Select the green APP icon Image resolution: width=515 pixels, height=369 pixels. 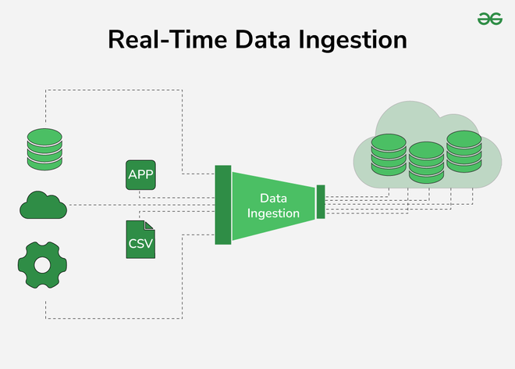(x=140, y=174)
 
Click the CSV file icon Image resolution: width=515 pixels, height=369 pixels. (x=140, y=240)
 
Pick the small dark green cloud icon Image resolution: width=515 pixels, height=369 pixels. (x=44, y=206)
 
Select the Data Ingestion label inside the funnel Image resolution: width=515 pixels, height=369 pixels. (x=273, y=206)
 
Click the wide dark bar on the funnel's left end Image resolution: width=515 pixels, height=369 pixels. (x=222, y=205)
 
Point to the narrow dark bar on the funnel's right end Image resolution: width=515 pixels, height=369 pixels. (x=320, y=202)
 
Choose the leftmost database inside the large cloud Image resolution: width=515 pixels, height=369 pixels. (x=389, y=157)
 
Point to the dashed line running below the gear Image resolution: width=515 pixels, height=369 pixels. (x=117, y=318)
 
